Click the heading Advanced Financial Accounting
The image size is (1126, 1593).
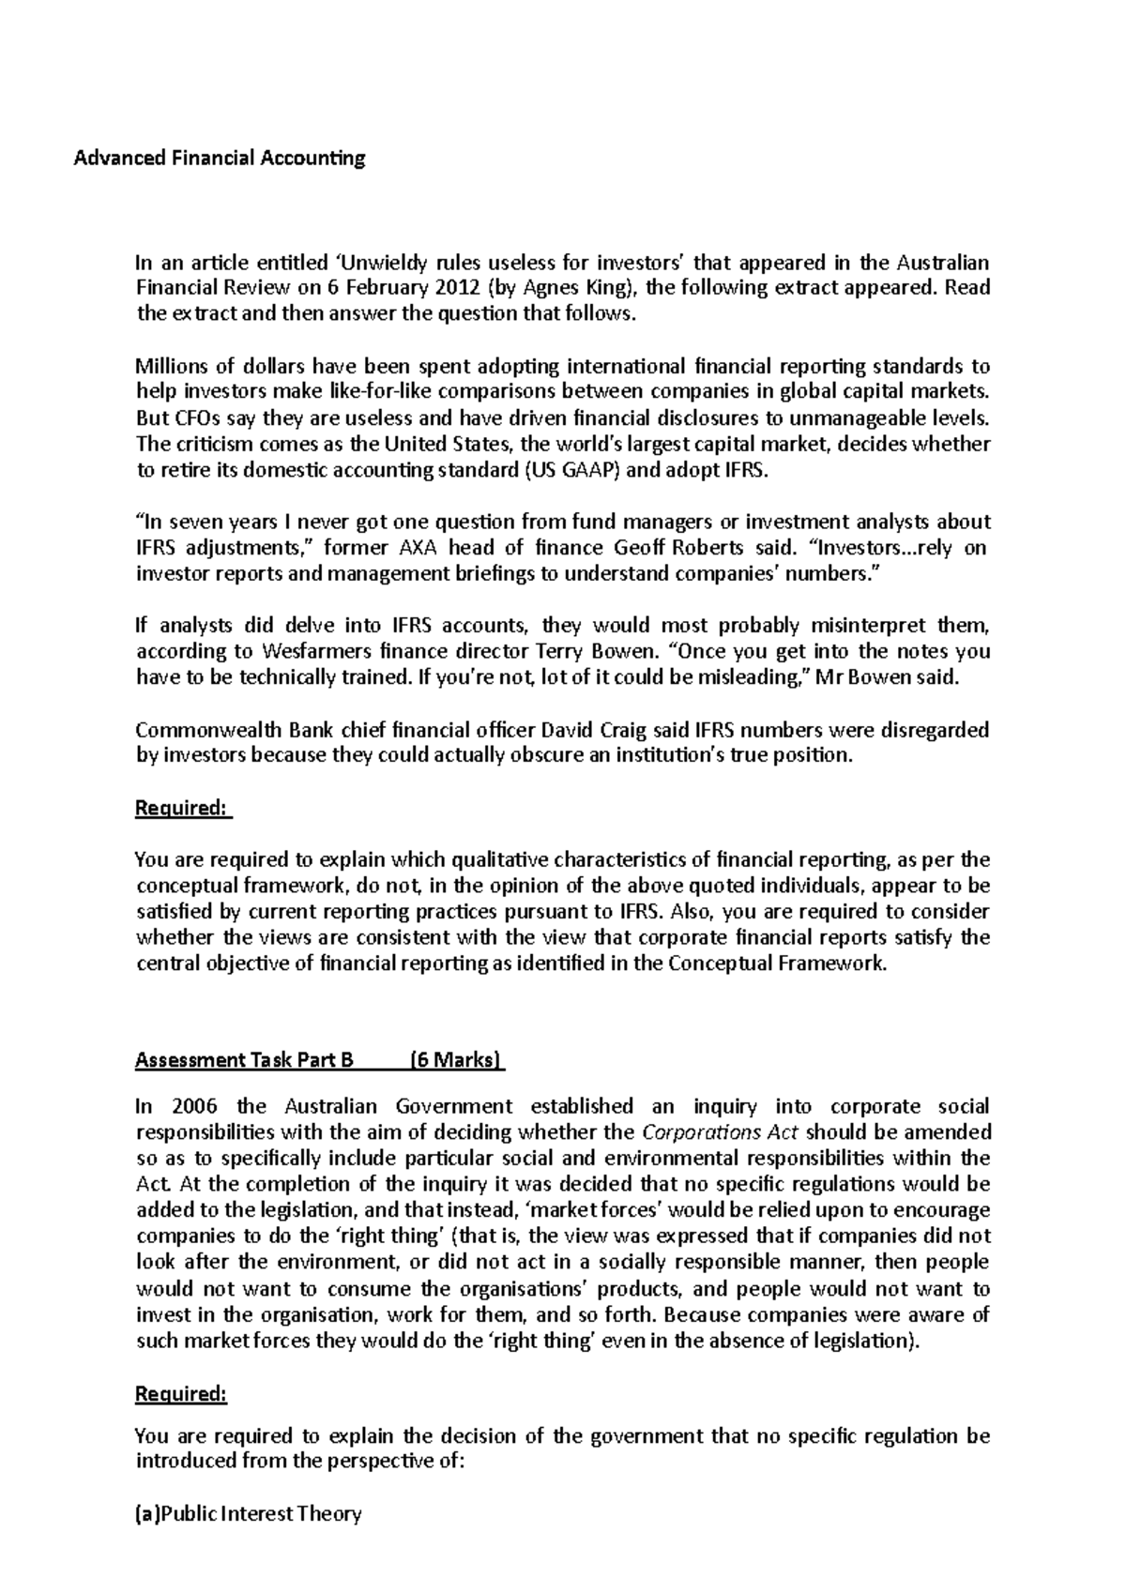point(220,158)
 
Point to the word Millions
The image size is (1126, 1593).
point(171,366)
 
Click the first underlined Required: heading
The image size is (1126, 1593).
point(183,808)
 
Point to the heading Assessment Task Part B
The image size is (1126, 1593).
point(244,1060)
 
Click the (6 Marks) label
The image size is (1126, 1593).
point(457,1060)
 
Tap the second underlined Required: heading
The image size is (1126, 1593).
point(181,1394)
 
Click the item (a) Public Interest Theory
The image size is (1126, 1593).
point(249,1513)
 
